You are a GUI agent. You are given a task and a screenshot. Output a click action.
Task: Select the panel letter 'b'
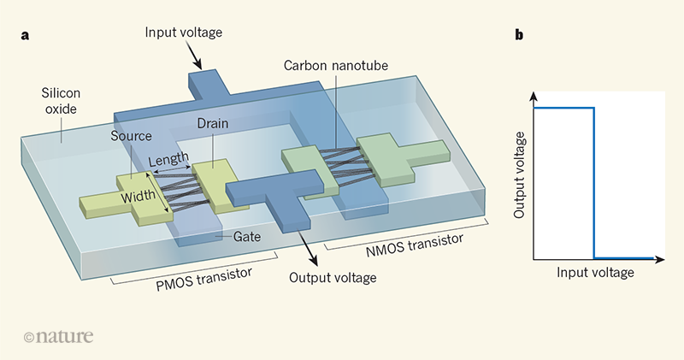coord(519,35)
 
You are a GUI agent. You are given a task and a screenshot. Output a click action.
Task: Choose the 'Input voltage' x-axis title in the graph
coord(595,273)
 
